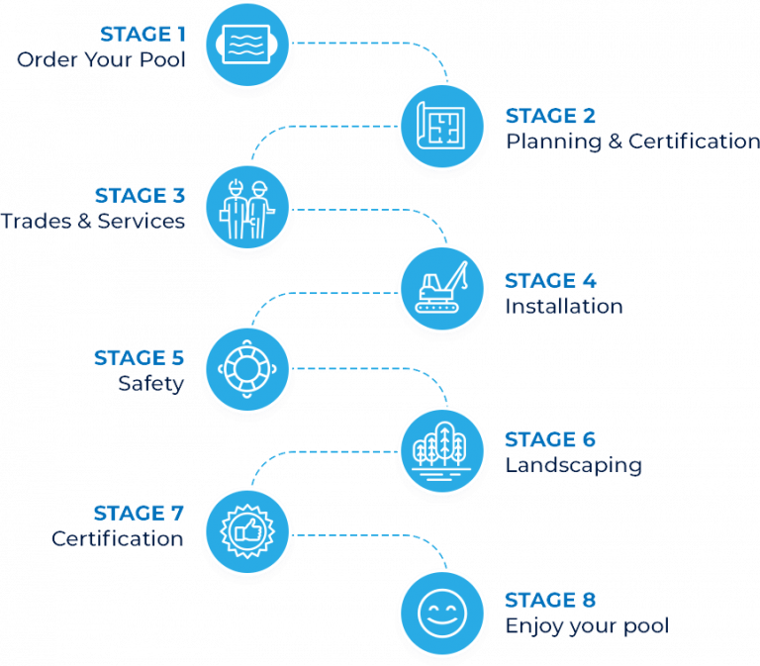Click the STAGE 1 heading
(x=142, y=35)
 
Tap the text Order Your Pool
(x=101, y=59)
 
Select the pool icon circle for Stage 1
(x=247, y=45)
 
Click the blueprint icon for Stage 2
(x=441, y=126)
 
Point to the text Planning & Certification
(x=632, y=142)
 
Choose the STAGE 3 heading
(x=140, y=196)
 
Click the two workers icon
(x=247, y=206)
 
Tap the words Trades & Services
(x=93, y=221)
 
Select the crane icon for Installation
(x=441, y=288)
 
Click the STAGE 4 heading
(x=551, y=281)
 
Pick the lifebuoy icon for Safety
(x=247, y=368)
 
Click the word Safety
(x=150, y=383)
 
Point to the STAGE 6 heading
(x=551, y=440)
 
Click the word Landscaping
(x=573, y=465)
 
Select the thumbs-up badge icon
(x=247, y=529)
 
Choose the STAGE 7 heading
(x=139, y=514)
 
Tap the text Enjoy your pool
(x=586, y=625)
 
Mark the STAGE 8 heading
(x=551, y=601)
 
